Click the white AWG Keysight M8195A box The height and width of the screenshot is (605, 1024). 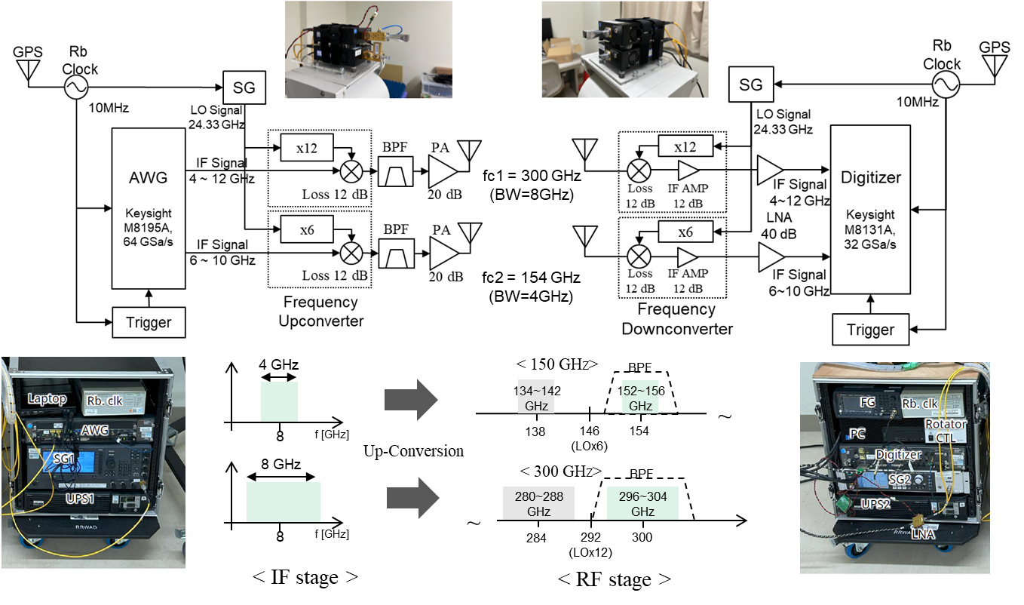point(149,208)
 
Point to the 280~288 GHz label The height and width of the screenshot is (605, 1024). point(538,503)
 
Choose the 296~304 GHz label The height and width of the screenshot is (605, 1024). point(642,503)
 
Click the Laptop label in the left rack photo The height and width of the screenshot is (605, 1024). point(48,398)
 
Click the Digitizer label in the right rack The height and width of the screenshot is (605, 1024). point(897,455)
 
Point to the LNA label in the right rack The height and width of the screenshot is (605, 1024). point(923,534)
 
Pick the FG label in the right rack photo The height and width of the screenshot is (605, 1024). point(867,403)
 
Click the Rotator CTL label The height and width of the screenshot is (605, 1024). point(945,430)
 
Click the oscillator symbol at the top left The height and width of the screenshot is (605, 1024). point(75,88)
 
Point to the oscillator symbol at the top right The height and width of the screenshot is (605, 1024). point(946,84)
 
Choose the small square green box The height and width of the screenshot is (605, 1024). point(279,401)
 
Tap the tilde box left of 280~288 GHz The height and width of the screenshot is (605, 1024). point(476,521)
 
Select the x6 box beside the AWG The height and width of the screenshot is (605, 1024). point(306,229)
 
